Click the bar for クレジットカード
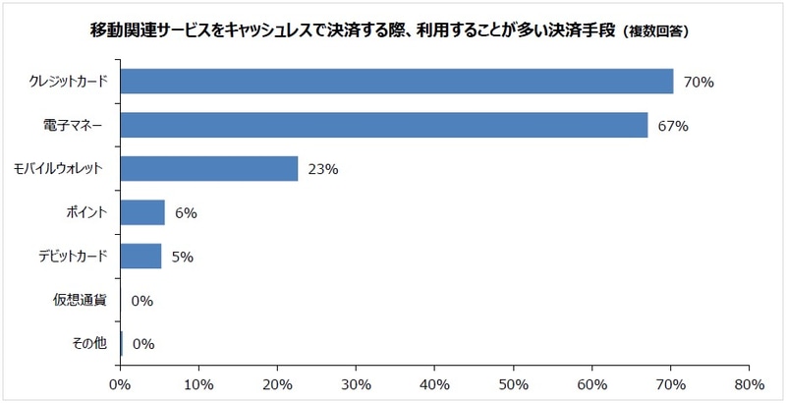[x=396, y=81]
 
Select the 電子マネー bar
[x=383, y=125]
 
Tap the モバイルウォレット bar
[x=208, y=168]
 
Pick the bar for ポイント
[x=141, y=212]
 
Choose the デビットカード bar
[x=140, y=256]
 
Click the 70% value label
[x=699, y=82]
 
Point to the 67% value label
[x=673, y=126]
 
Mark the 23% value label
[x=323, y=169]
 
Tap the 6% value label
[x=186, y=213]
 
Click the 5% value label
[x=182, y=257]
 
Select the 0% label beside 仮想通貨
[x=141, y=300]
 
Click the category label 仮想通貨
[x=86, y=300]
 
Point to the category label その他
[x=92, y=343]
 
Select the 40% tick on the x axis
[x=434, y=383]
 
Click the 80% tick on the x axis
[x=749, y=383]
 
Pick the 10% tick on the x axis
[x=198, y=383]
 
